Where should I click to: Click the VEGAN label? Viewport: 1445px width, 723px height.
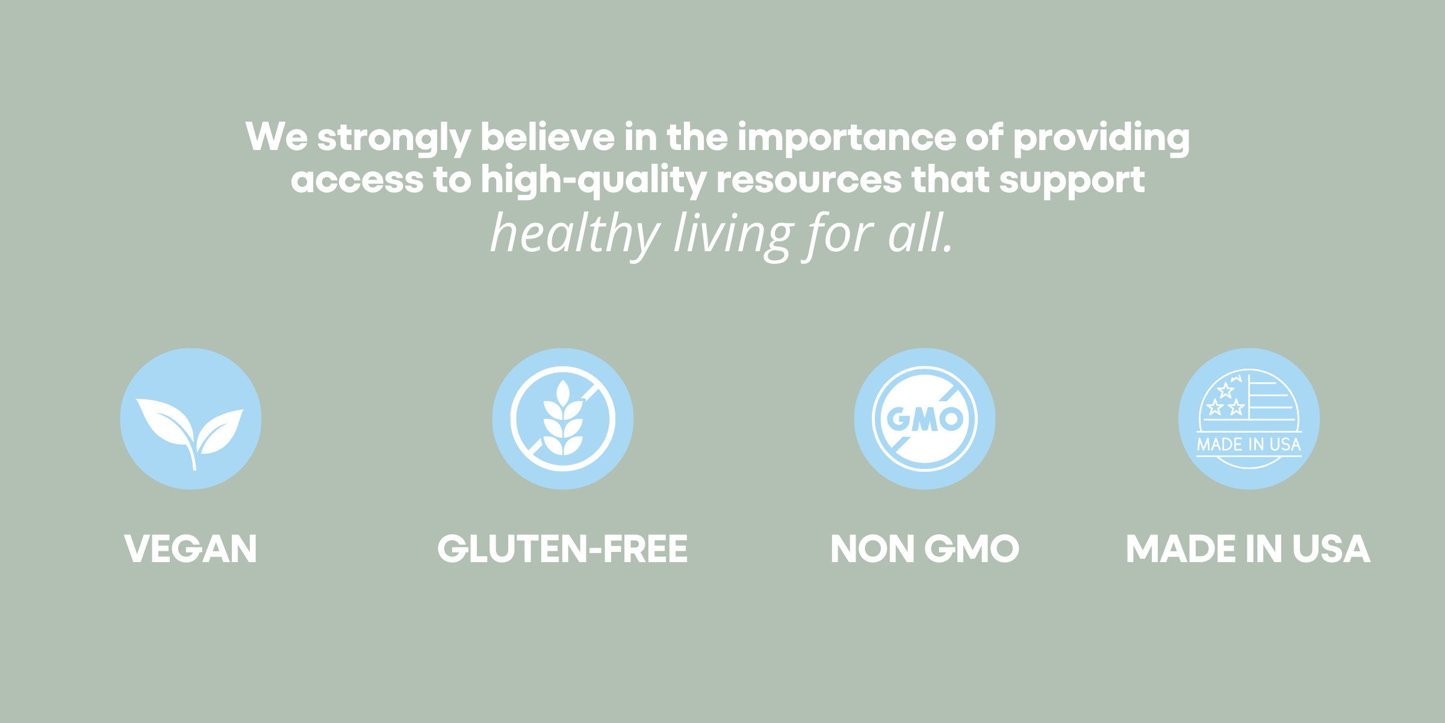tap(191, 549)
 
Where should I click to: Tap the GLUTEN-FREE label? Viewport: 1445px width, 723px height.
tap(562, 549)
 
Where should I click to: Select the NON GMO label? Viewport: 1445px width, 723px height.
tap(925, 549)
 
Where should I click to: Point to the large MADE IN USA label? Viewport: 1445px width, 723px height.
tap(1248, 549)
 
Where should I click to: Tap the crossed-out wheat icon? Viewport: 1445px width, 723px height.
tap(563, 419)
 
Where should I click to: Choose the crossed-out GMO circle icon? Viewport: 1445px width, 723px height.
tap(925, 419)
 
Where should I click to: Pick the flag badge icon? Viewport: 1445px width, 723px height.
tap(1249, 419)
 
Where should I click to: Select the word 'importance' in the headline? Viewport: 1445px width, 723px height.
tap(847, 139)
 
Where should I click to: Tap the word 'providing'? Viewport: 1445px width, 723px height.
tap(1101, 139)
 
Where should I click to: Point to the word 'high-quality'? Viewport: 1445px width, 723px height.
tap(593, 181)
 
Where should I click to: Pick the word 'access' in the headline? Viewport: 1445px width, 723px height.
tap(357, 180)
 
